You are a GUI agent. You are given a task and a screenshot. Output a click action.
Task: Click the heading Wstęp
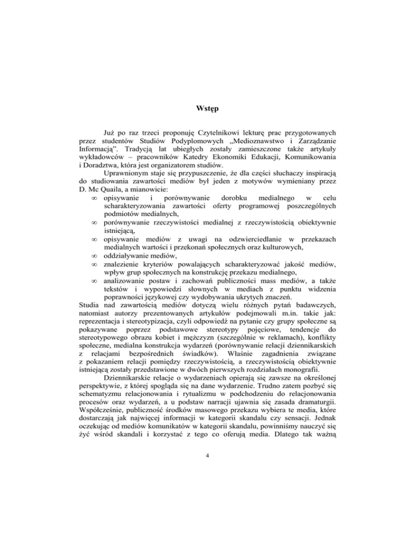pos(207,106)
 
